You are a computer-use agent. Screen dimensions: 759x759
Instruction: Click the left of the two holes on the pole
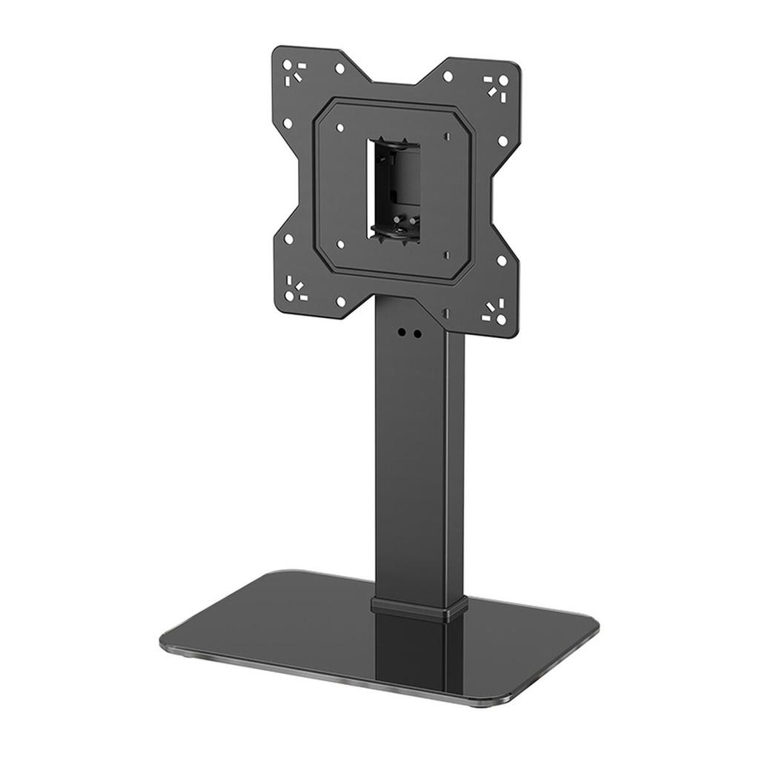402,333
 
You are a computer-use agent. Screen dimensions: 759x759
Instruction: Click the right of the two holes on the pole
417,334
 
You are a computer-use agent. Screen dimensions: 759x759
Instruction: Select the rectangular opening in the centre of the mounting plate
393,190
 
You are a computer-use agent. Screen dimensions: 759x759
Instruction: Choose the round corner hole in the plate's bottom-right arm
501,319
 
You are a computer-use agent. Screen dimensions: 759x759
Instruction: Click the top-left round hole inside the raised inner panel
339,127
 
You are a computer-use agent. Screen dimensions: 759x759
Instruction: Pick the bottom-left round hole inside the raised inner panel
340,243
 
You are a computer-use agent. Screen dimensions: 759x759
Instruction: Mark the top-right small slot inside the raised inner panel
448,136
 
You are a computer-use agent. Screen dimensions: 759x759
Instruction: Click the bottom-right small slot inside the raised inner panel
447,253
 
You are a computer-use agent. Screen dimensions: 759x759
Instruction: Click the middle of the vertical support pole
420,460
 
